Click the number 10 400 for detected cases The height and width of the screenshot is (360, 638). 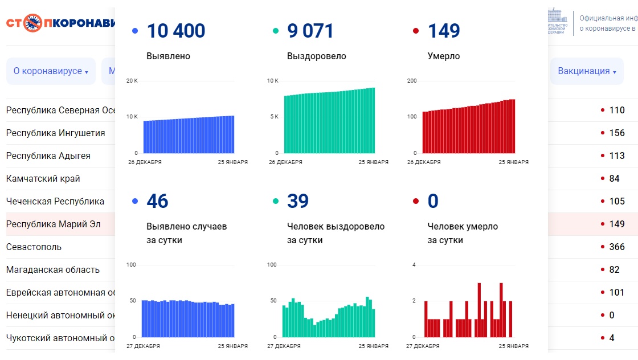tap(176, 31)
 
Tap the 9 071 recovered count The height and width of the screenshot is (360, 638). tap(310, 31)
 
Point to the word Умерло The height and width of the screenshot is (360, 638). tap(444, 56)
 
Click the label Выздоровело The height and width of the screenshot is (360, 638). tap(317, 56)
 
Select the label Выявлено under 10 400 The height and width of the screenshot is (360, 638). tap(168, 56)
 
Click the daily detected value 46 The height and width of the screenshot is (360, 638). tap(158, 201)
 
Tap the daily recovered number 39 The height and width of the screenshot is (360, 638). tap(298, 201)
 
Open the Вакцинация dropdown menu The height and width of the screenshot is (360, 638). tap(587, 71)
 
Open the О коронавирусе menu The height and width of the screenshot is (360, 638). tap(51, 71)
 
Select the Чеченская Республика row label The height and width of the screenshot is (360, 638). tap(55, 201)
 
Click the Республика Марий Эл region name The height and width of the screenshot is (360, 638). tap(54, 224)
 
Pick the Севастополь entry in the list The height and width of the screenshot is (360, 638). tap(34, 247)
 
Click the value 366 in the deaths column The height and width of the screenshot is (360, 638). tap(617, 247)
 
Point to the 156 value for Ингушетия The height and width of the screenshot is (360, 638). tap(617, 133)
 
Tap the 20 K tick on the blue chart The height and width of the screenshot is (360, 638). tap(132, 81)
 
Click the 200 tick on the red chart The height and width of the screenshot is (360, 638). tap(412, 81)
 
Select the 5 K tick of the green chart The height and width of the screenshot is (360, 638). tap(273, 117)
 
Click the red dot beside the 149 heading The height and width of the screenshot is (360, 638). tap(416, 31)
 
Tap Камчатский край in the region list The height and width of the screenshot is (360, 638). tap(43, 178)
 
